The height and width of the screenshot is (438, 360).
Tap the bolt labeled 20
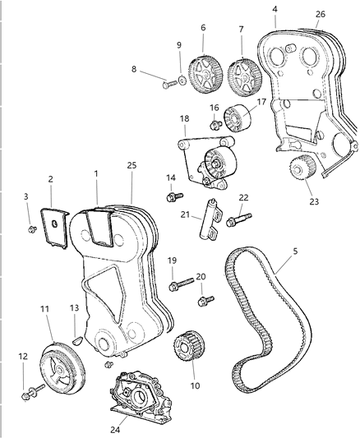(x=205, y=301)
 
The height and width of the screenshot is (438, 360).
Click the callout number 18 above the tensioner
(x=184, y=118)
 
